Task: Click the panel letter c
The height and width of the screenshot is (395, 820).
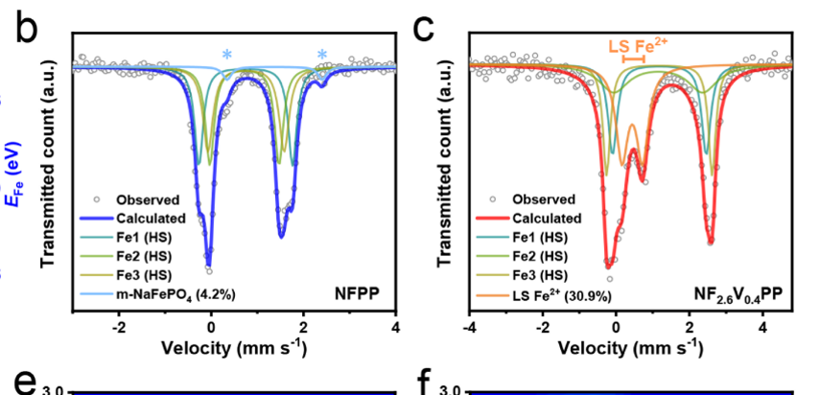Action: click(x=425, y=29)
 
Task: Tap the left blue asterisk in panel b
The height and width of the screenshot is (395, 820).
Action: click(x=227, y=55)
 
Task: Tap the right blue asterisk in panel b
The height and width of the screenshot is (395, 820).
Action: click(x=322, y=55)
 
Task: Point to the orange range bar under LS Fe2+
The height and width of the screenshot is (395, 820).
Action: click(x=633, y=59)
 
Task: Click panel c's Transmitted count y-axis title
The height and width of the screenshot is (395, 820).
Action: click(x=444, y=181)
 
